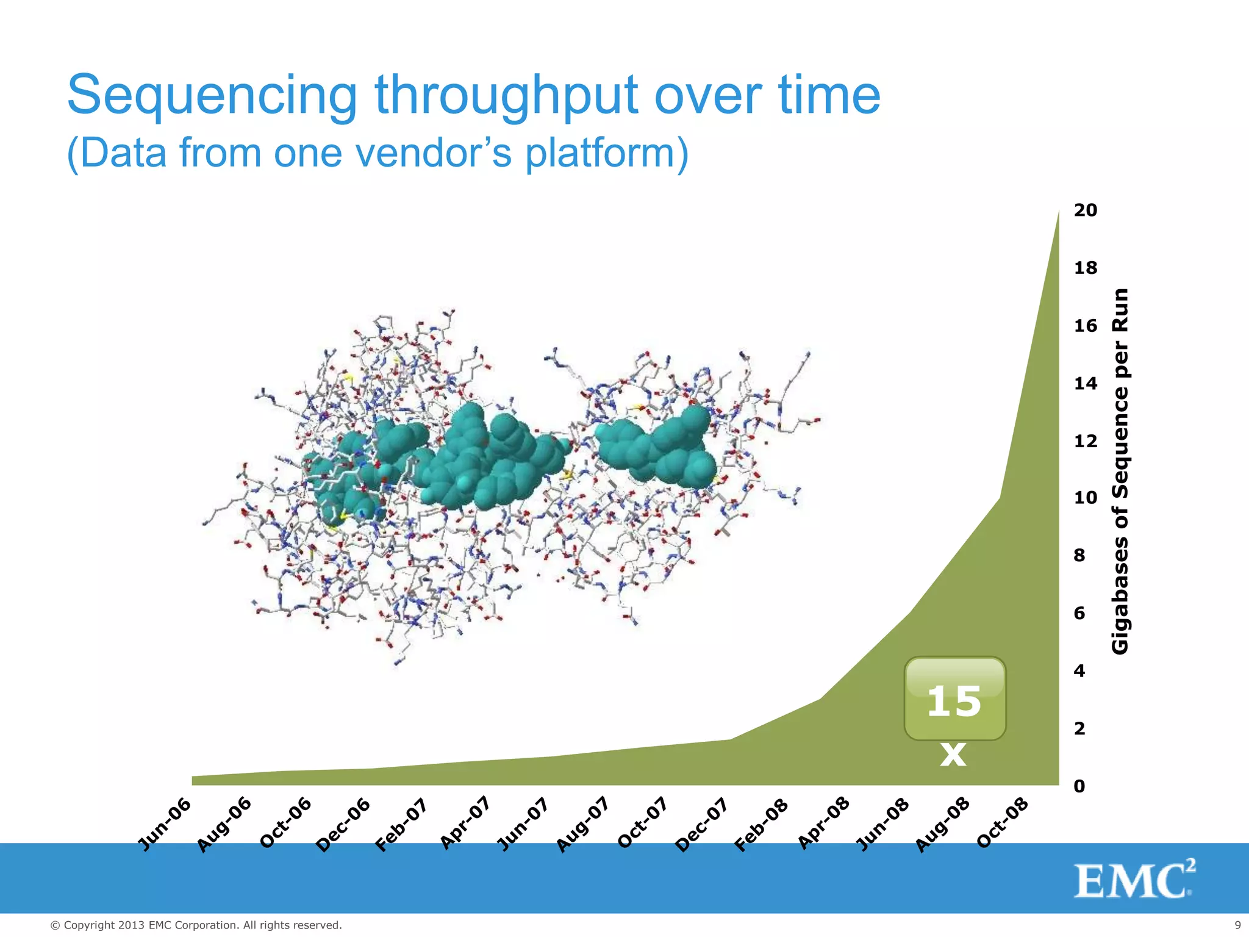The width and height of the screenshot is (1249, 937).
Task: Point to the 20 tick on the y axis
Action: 1085,210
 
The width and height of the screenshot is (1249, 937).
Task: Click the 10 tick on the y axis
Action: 1085,498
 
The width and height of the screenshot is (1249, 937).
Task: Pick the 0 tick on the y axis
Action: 1079,786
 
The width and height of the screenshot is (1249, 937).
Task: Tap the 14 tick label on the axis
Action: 1085,383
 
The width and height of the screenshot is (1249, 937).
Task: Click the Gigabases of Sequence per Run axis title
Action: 1120,471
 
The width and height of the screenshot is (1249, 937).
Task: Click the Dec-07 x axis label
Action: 702,824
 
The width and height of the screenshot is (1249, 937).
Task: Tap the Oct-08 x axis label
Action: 1002,823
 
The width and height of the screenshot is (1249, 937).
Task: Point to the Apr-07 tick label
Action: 465,823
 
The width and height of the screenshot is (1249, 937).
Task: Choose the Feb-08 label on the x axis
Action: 761,825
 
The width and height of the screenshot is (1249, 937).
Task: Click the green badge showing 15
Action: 954,699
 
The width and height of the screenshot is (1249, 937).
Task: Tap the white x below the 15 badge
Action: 953,754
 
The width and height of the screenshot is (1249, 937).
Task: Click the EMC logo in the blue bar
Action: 1134,880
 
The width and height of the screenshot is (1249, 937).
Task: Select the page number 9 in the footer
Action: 1237,925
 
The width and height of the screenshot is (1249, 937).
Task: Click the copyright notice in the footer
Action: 196,925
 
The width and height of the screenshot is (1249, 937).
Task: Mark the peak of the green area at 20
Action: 1058,212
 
